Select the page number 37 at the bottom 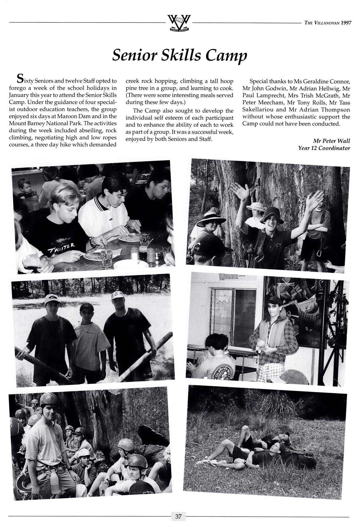coord(178,516)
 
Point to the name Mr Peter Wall coord(331,141)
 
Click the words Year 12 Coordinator coord(324,148)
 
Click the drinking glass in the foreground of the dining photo coord(106,258)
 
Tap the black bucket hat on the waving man coord(272,215)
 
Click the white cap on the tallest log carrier coord(50,299)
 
